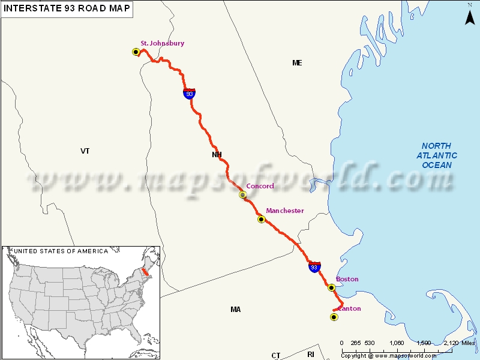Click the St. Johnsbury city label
point(162,43)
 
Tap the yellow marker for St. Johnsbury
point(136,52)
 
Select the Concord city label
point(260,186)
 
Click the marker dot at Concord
point(243,195)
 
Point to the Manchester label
point(285,211)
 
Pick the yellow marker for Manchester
point(261,220)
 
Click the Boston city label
point(347,280)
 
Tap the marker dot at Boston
point(331,288)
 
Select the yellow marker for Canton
point(334,317)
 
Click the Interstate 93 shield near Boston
point(314,266)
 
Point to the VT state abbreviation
point(85,151)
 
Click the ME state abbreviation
point(297,62)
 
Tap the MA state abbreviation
point(235,310)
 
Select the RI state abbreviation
point(311,355)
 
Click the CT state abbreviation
point(276,355)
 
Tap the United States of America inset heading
point(61,251)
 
